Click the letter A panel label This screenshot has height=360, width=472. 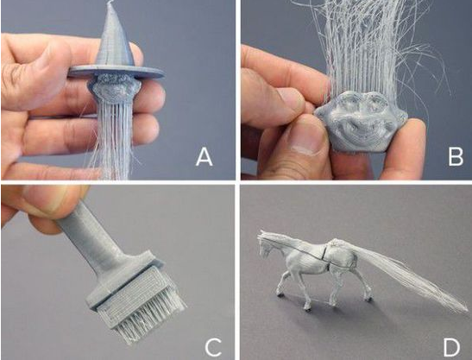(205, 157)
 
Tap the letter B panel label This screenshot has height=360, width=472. (456, 157)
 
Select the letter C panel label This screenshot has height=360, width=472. (213, 347)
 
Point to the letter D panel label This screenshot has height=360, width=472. (452, 347)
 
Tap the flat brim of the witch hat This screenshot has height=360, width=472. (116, 72)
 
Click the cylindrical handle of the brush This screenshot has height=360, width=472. (91, 238)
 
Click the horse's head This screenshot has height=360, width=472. (267, 243)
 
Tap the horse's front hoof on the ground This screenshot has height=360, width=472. (307, 308)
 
